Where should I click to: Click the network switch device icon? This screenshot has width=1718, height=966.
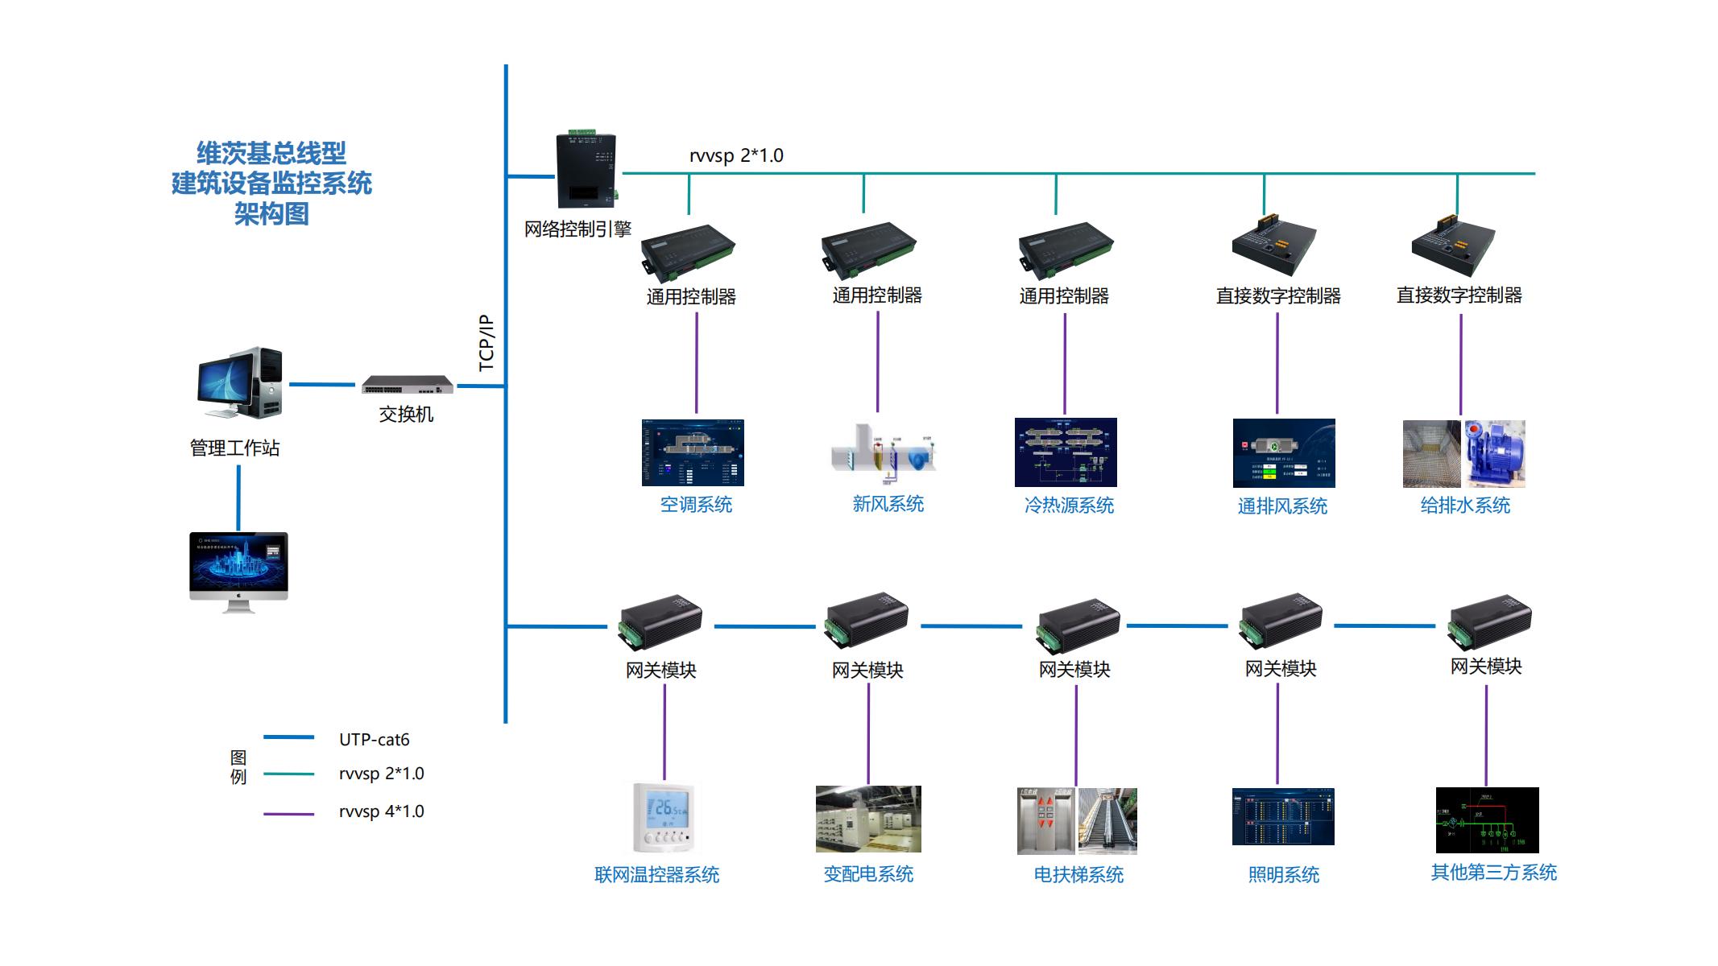407,385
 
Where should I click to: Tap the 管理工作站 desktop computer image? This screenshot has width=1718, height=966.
240,383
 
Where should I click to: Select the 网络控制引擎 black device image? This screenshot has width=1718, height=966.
585,171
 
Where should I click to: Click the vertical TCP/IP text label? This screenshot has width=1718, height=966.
486,342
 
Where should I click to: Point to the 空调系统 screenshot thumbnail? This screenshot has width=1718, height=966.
693,452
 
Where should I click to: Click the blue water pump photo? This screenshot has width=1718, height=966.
1494,453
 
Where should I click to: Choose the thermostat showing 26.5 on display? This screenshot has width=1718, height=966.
664,817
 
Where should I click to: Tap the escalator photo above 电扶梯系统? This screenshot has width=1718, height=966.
1107,820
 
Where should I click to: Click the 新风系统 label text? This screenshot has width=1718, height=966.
888,504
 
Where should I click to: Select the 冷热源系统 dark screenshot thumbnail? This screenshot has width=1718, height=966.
1066,452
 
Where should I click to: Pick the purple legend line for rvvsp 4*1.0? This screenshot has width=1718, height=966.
288,814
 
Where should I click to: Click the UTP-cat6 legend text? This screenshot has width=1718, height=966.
374,739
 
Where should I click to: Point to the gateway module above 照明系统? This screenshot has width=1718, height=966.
1281,622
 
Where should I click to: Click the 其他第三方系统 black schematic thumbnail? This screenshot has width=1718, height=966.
1487,819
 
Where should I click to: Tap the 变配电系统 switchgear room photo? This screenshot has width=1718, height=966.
868,819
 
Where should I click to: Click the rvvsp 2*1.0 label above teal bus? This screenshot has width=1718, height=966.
736,155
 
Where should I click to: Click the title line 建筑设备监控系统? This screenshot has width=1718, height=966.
271,184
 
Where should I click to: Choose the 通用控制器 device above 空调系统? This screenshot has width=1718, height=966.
687,251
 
